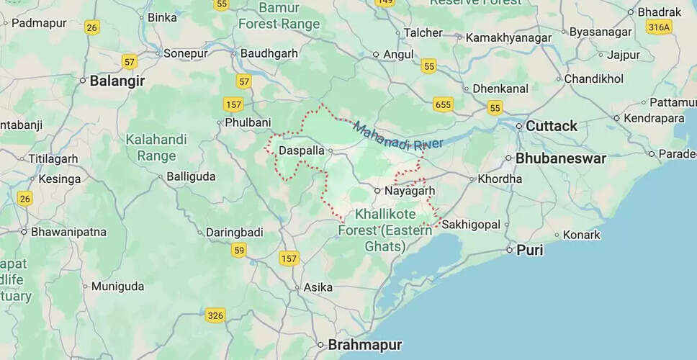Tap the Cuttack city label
pyautogui.click(x=552, y=126)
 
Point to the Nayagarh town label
pyautogui.click(x=410, y=190)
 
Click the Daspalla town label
pyautogui.click(x=301, y=151)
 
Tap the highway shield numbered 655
pyautogui.click(x=443, y=104)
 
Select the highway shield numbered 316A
pyautogui.click(x=658, y=27)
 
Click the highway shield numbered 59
pyautogui.click(x=239, y=251)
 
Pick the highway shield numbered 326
pyautogui.click(x=215, y=315)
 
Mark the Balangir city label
pyautogui.click(x=117, y=81)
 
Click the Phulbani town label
pyautogui.click(x=248, y=122)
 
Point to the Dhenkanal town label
pyautogui.click(x=500, y=89)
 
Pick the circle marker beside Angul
pyautogui.click(x=376, y=54)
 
